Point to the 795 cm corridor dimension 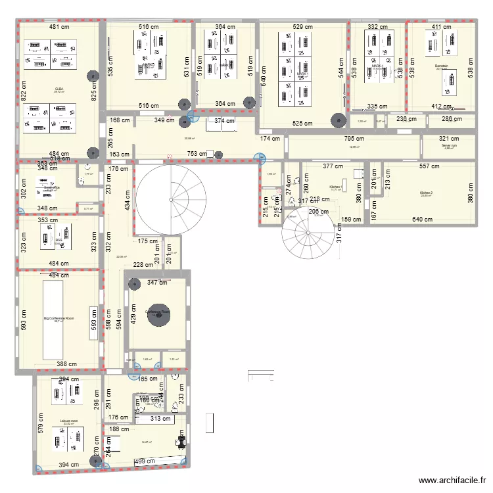pyautogui.click(x=355, y=139)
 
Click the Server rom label pyautogui.click(x=449, y=146)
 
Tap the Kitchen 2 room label pyautogui.click(x=427, y=193)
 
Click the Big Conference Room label pyautogui.click(x=59, y=319)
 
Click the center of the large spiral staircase pyautogui.click(x=169, y=199)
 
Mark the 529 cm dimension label pyautogui.click(x=302, y=27)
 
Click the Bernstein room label pyautogui.click(x=441, y=66)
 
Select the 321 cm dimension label pyautogui.click(x=449, y=139)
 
